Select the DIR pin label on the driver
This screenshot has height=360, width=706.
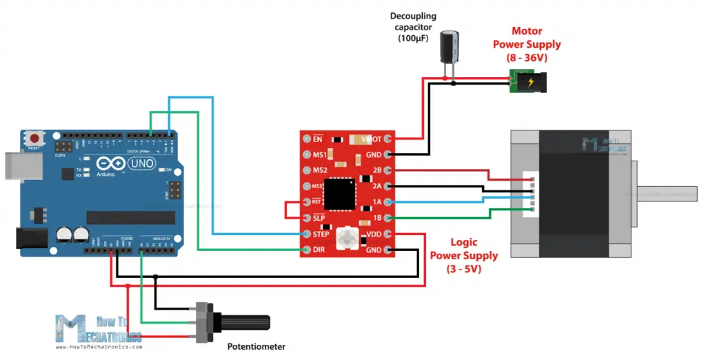(318, 250)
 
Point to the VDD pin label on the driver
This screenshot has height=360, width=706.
(372, 234)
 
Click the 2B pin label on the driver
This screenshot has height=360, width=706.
(376, 170)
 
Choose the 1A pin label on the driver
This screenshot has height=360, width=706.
(376, 203)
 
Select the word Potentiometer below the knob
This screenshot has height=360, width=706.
(256, 347)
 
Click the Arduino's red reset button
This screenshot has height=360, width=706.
(33, 139)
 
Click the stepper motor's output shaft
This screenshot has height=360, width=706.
(666, 194)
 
